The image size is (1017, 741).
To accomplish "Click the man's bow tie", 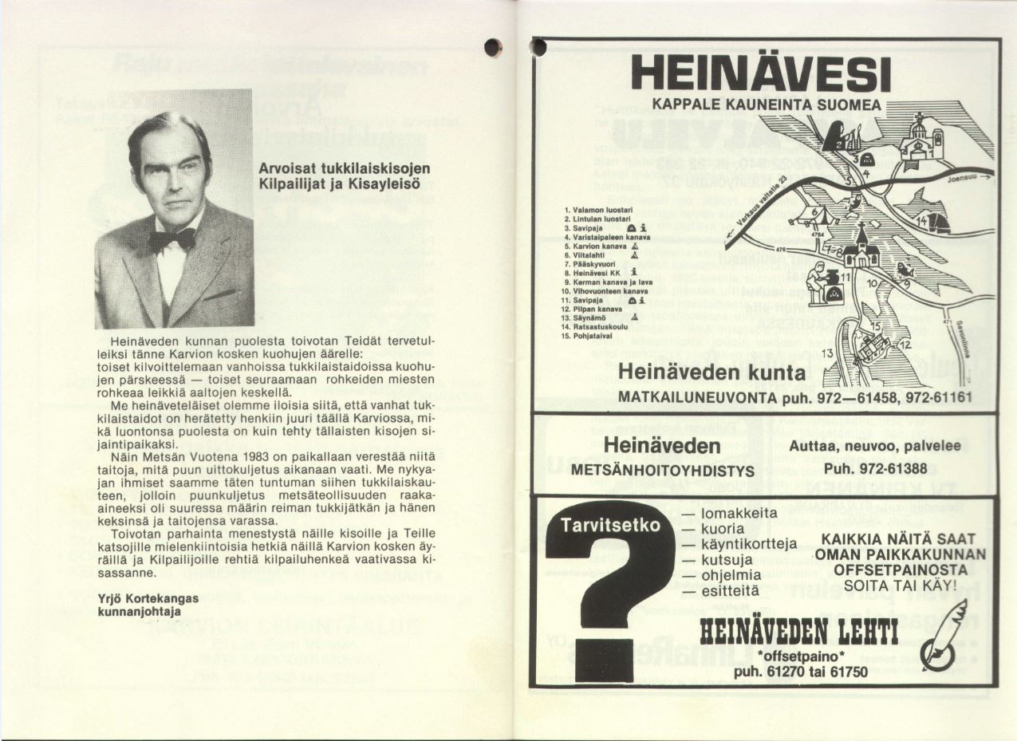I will click(x=172, y=238).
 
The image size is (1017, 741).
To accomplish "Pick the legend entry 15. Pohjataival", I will click(x=593, y=336).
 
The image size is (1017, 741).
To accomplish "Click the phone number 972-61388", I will click(x=869, y=468).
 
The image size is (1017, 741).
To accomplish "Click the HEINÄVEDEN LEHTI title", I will click(x=799, y=633).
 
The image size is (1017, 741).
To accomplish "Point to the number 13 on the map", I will click(x=827, y=353).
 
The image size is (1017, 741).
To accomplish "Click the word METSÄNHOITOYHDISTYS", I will click(x=662, y=471).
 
